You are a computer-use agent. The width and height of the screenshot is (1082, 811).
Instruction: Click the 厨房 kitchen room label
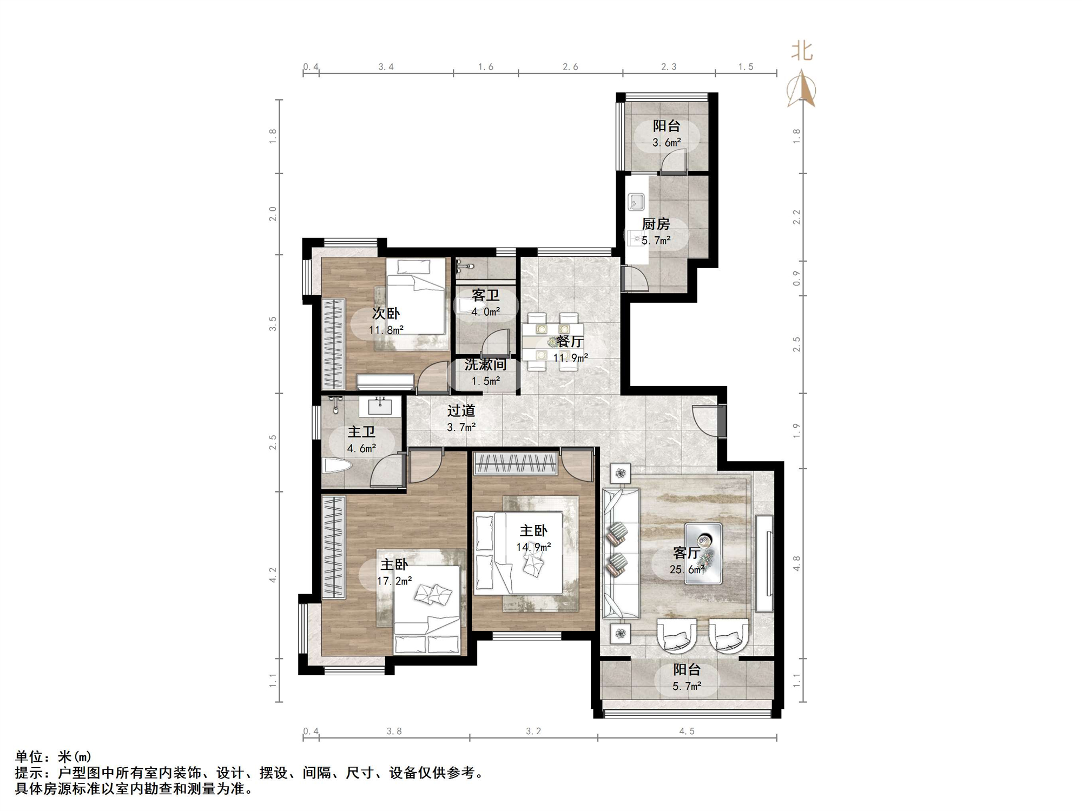656,223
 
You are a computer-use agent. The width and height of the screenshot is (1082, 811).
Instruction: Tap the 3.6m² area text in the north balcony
667,143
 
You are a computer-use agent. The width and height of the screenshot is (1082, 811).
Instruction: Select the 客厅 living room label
687,553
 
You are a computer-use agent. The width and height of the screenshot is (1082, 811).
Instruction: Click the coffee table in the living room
703,553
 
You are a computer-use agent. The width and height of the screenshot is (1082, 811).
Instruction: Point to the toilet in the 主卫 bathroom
337,466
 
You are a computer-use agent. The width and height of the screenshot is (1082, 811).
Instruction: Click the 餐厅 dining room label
570,341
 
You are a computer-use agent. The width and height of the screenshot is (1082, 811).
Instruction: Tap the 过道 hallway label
461,411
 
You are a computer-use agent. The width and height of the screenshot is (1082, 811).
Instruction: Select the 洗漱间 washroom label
485,364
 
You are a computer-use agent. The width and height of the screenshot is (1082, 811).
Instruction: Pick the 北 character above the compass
802,51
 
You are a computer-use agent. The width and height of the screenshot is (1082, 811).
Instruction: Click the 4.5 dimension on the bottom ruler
687,731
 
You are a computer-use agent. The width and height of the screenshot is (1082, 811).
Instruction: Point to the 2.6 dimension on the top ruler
570,67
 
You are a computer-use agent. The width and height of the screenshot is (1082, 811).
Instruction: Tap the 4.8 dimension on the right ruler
796,563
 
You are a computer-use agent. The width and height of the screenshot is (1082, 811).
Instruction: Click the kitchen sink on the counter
636,202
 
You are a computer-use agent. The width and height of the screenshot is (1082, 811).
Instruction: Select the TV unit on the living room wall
764,563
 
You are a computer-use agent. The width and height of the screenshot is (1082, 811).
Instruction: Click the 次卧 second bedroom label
386,313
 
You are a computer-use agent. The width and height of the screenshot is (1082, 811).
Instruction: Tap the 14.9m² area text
533,547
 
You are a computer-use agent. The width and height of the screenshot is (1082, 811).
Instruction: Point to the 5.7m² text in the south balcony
687,686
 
